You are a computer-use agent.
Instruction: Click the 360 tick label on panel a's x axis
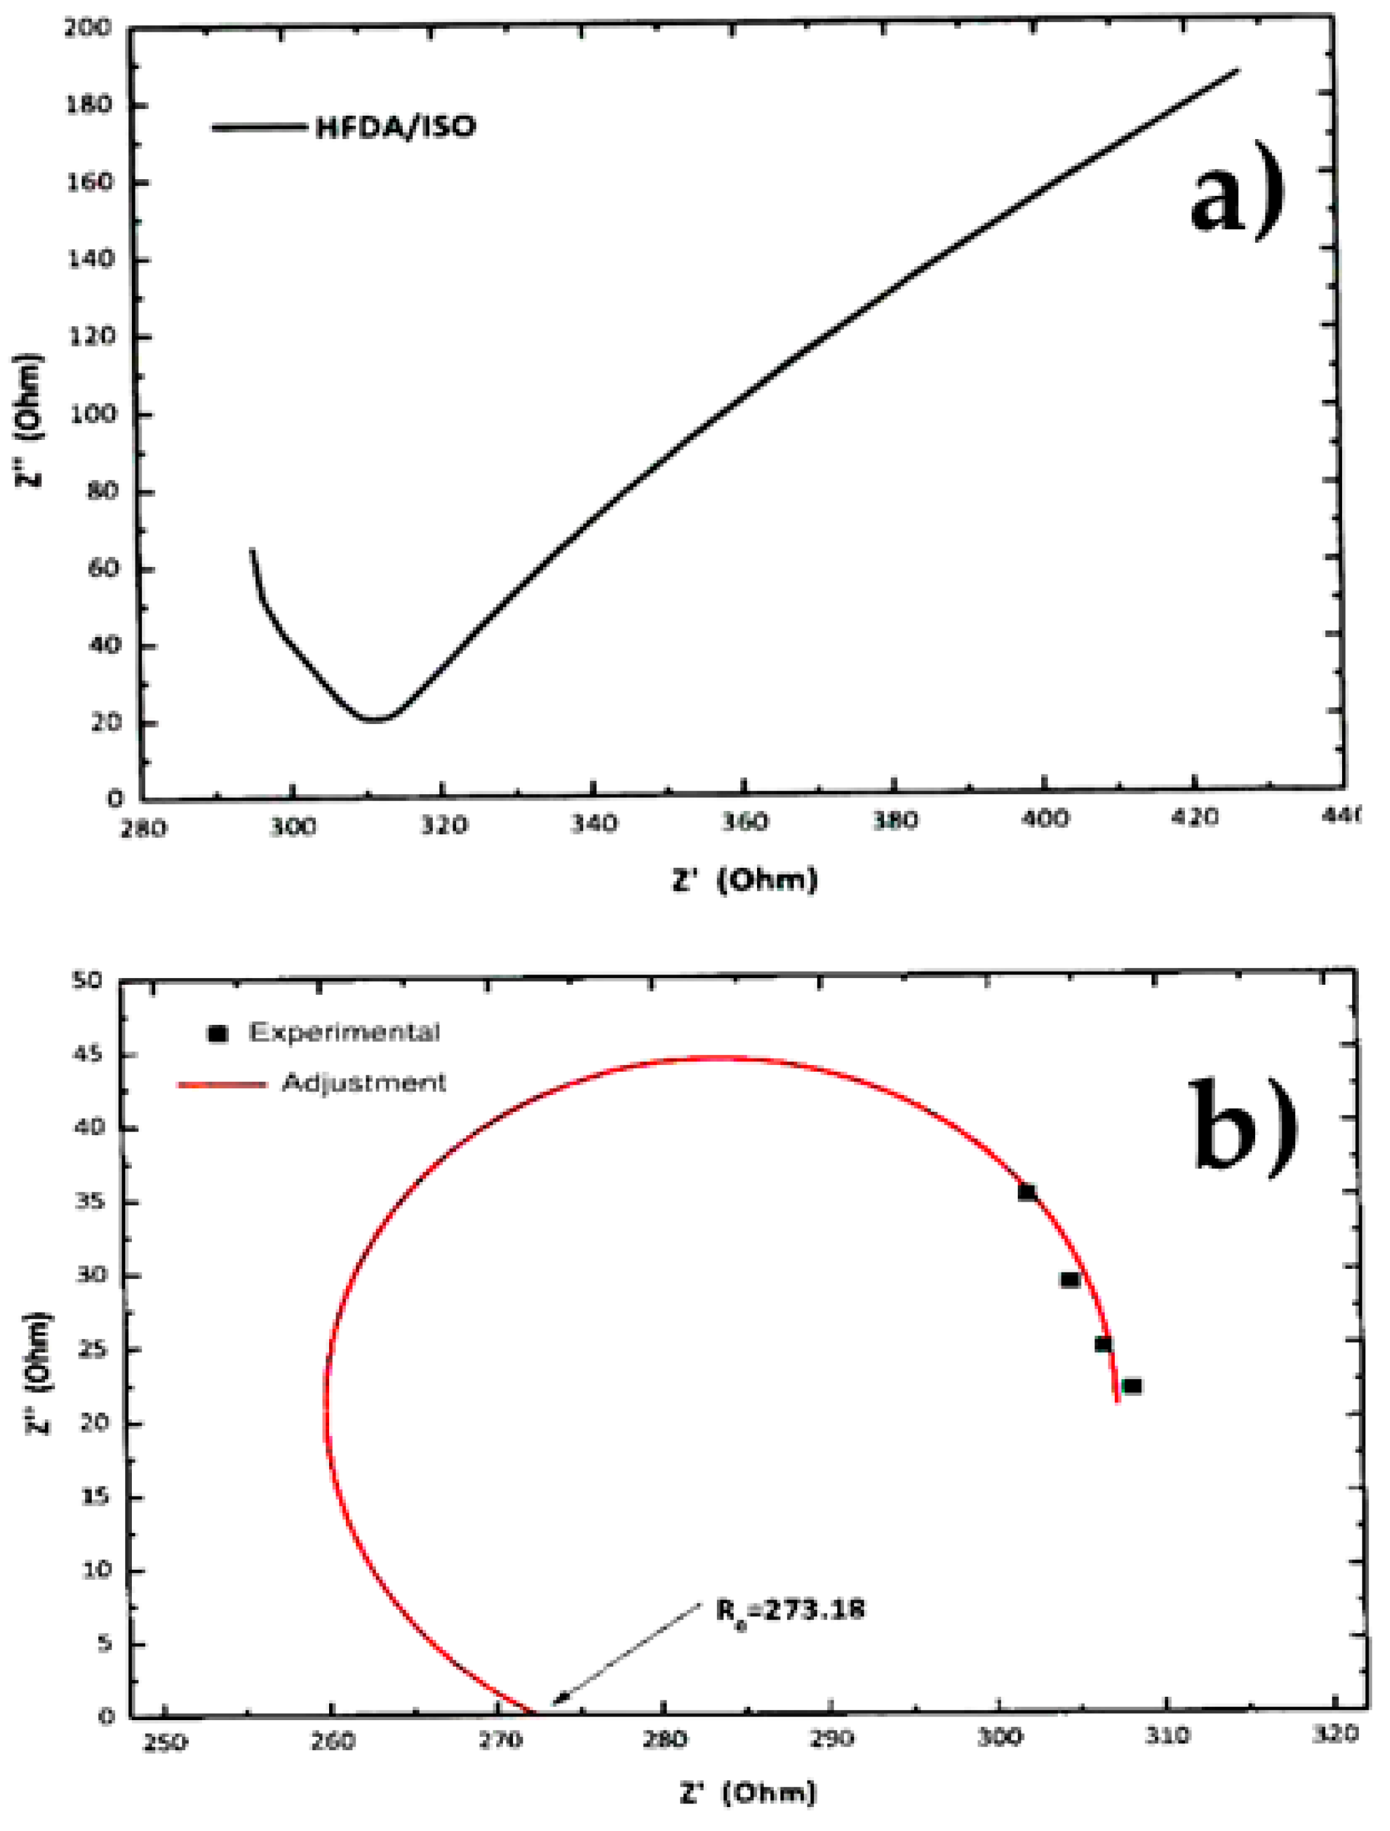coord(744,822)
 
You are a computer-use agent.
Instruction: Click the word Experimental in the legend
coord(343,1032)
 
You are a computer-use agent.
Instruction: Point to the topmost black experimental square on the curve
coord(1027,1192)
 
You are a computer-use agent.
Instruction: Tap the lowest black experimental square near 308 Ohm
coord(1132,1386)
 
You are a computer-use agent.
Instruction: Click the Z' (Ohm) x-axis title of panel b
coord(747,1794)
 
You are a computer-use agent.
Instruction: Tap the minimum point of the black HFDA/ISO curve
coord(374,719)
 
